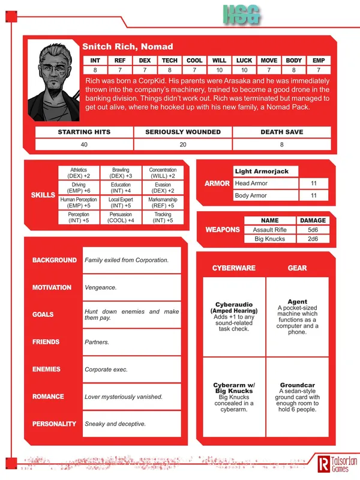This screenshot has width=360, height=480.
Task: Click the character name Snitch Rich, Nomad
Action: pyautogui.click(x=127, y=47)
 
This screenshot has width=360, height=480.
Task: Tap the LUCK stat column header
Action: pyautogui.click(x=245, y=61)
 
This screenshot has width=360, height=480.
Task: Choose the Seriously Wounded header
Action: pyautogui.click(x=183, y=132)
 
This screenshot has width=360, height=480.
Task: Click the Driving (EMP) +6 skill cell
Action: pyautogui.click(x=79, y=187)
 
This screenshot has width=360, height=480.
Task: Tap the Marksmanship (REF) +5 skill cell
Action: pyautogui.click(x=163, y=203)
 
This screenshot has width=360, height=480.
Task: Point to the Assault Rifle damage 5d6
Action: pyautogui.click(x=313, y=229)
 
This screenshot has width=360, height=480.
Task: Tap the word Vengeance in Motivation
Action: pyautogui.click(x=101, y=287)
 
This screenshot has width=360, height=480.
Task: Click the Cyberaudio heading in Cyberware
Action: pyautogui.click(x=233, y=305)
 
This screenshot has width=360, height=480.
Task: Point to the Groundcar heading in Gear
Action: pyautogui.click(x=298, y=385)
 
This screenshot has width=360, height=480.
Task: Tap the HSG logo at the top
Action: pyautogui.click(x=242, y=16)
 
